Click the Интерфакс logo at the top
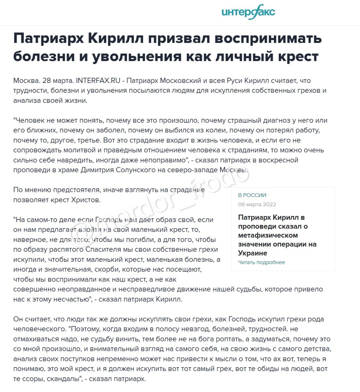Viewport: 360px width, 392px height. [248, 12]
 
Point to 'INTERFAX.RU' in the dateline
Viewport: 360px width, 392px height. [98, 81]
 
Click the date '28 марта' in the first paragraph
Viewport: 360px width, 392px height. [58, 81]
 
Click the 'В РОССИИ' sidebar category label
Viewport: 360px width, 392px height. [252, 195]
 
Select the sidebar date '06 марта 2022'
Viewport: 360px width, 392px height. [257, 204]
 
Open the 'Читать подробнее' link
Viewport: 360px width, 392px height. [261, 262]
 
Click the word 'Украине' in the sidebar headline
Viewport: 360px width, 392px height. [253, 253]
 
